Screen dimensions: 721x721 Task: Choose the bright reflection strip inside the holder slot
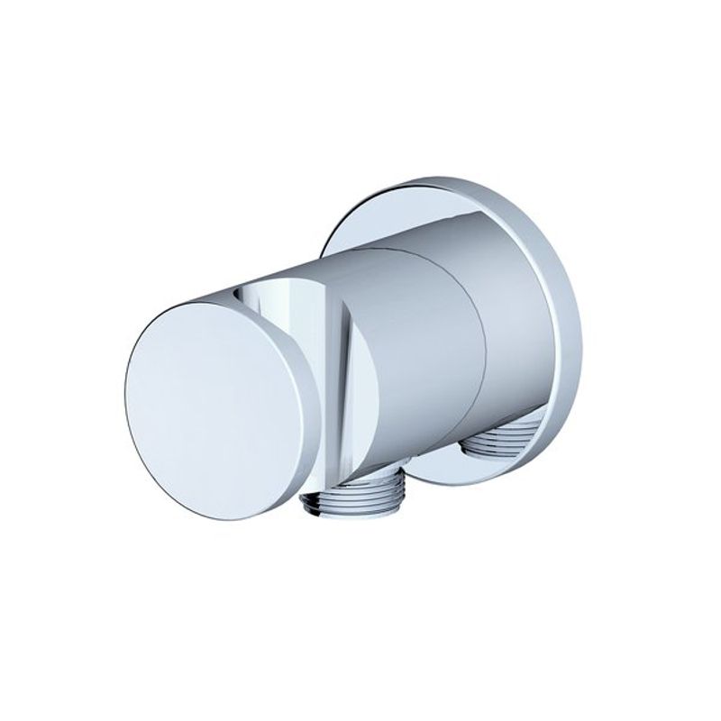coord(306,324)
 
